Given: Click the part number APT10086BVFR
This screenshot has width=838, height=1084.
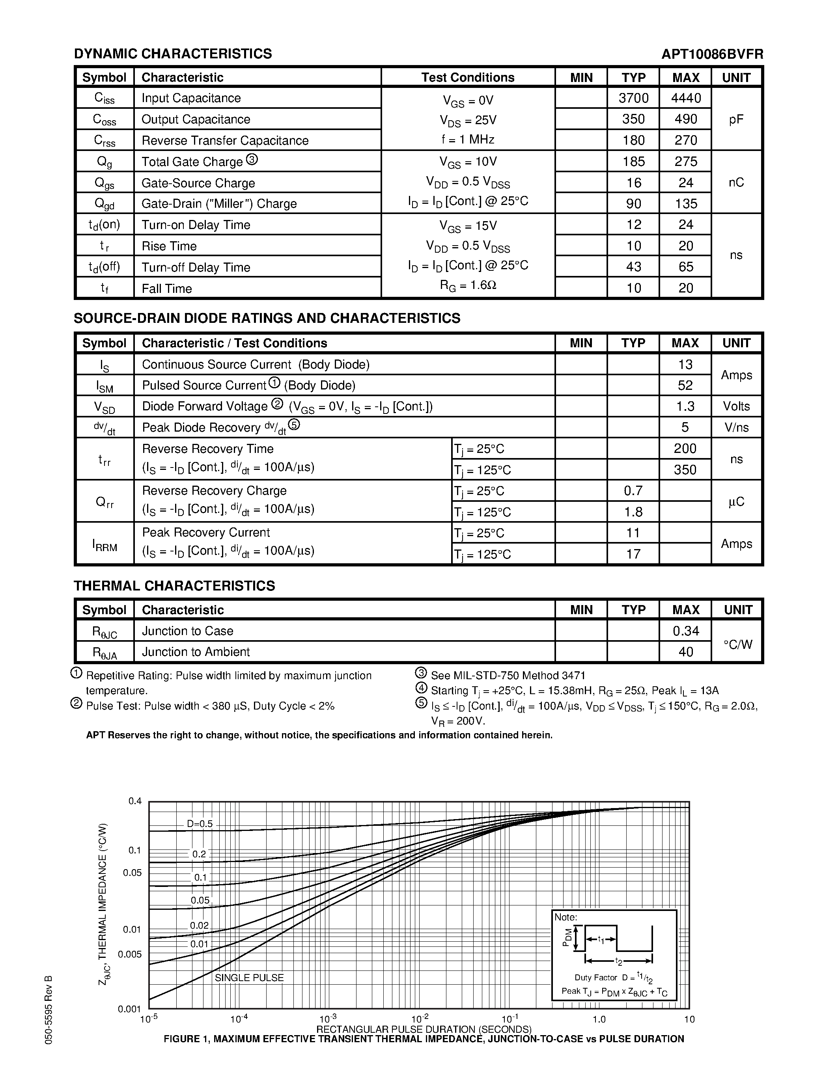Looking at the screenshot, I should point(712,54).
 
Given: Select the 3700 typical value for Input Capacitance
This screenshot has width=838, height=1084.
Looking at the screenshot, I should point(633,98).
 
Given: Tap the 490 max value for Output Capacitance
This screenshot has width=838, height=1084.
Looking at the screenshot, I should point(686,119).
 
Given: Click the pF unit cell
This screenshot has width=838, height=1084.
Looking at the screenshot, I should point(736,119).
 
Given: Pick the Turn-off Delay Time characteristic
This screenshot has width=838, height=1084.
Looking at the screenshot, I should point(196,267).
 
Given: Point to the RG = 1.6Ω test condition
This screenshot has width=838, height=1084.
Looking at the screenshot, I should point(468,285).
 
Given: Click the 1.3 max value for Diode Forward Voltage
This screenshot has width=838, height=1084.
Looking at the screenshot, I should point(685,406).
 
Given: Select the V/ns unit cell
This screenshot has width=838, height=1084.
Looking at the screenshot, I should point(736,427).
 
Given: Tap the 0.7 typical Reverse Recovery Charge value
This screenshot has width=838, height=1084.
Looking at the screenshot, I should point(633,490).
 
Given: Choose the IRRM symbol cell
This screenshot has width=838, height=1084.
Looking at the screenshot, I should point(105,544).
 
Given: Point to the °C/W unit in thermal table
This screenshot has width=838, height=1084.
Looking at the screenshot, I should point(737,644).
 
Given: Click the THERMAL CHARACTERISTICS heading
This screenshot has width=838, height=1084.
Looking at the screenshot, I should point(174,586).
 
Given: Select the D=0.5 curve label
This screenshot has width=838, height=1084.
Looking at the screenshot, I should point(200,824).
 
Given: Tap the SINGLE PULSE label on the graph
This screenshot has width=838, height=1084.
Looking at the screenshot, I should point(249,977).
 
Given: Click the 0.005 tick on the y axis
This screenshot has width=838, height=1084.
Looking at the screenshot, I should point(130,954).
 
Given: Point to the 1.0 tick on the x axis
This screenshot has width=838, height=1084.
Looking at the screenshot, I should point(599,1019).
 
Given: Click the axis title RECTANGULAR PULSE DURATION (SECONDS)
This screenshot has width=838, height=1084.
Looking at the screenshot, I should point(424,1029).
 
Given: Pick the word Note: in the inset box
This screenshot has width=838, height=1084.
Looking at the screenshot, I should point(566,917).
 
